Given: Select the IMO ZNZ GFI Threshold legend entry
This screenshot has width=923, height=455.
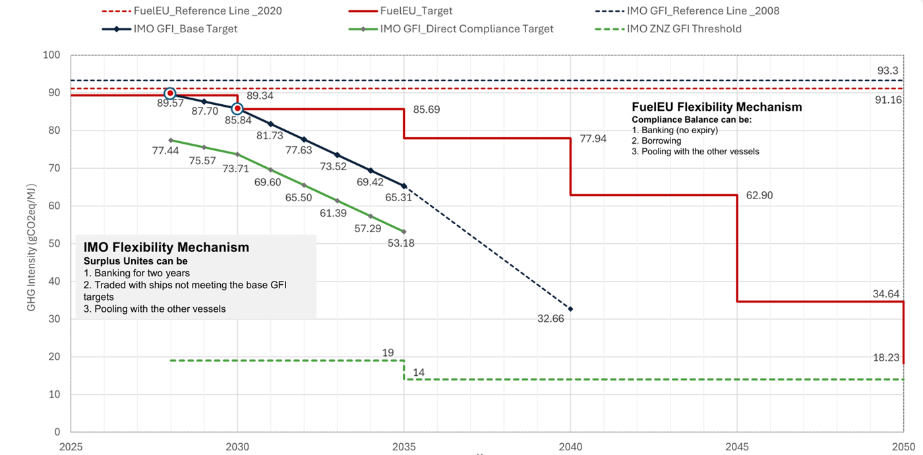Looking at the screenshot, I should point(684,28).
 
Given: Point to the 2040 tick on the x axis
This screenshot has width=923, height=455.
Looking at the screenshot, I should point(570,445).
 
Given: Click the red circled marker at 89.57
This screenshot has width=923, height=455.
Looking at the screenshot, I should point(170,94).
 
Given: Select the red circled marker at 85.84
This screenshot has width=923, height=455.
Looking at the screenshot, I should point(237,108).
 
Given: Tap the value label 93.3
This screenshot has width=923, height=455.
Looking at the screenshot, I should point(887,71).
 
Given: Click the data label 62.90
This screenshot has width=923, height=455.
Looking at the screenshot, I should point(759,195).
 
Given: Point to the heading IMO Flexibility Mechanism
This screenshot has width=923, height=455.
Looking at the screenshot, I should point(166,247).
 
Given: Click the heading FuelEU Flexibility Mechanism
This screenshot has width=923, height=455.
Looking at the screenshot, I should point(717,107).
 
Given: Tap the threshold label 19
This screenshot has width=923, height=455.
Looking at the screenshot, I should point(388,353).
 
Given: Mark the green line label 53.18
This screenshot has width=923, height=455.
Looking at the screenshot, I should point(401,243).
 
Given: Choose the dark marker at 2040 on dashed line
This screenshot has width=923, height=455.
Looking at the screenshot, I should point(570,309).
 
